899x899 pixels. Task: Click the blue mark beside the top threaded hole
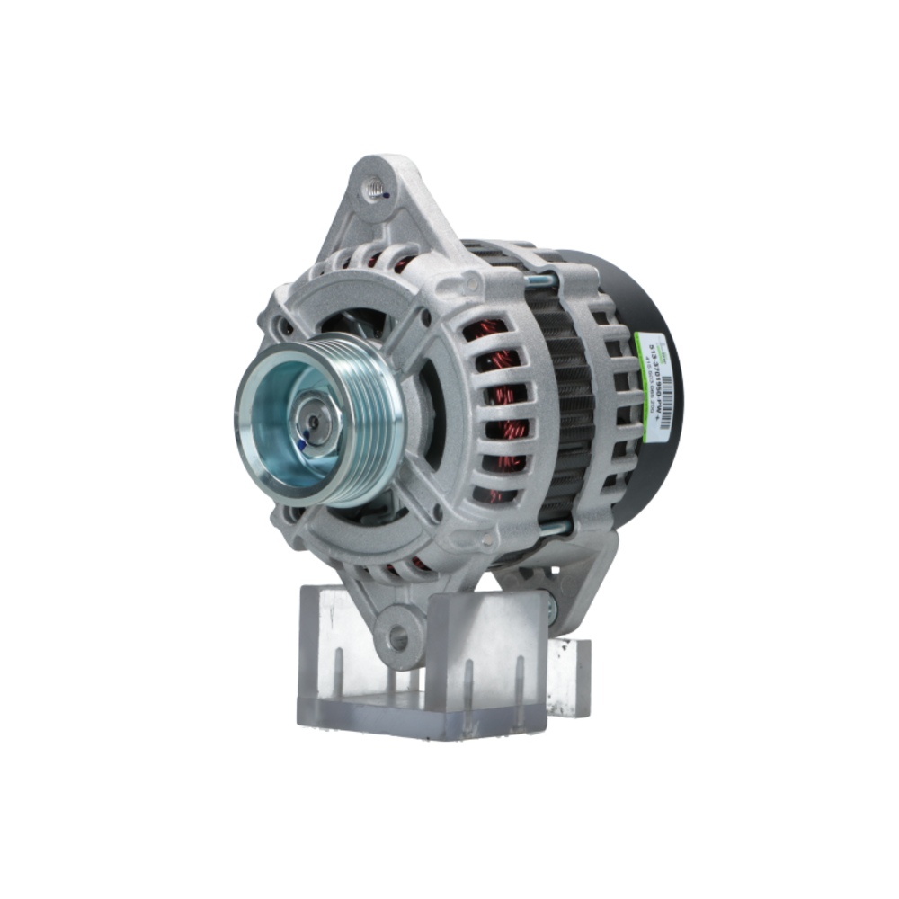(384, 193)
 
